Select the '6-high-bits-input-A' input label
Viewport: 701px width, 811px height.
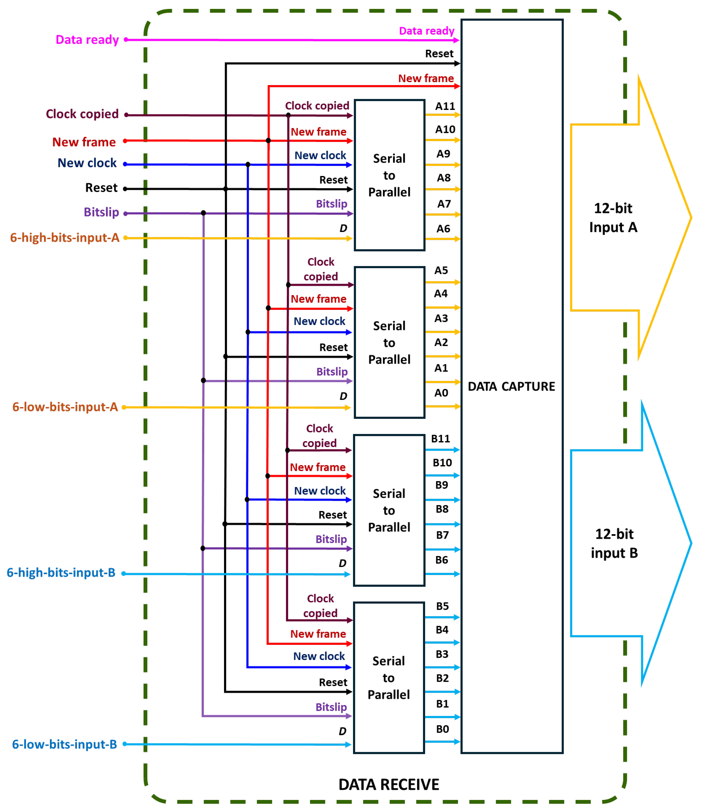pos(65,238)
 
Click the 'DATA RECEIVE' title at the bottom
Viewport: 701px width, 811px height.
pos(389,784)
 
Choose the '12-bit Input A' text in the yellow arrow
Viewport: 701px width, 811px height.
pos(613,218)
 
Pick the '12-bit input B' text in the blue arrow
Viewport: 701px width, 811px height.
pos(614,543)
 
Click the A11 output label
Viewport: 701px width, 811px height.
pos(445,106)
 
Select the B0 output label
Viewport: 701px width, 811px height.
pos(442,729)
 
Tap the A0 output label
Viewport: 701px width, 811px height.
pos(441,393)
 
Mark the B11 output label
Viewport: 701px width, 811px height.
pos(440,438)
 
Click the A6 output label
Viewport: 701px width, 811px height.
pos(443,228)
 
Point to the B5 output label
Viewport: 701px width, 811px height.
pos(442,606)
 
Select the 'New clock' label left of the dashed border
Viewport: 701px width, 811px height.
pos(87,163)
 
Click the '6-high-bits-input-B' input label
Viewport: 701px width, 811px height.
pos(61,573)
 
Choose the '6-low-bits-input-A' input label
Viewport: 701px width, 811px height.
pos(65,407)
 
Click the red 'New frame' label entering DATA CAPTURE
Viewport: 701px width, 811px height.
pos(426,78)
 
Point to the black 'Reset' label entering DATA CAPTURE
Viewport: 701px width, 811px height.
pos(439,54)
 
